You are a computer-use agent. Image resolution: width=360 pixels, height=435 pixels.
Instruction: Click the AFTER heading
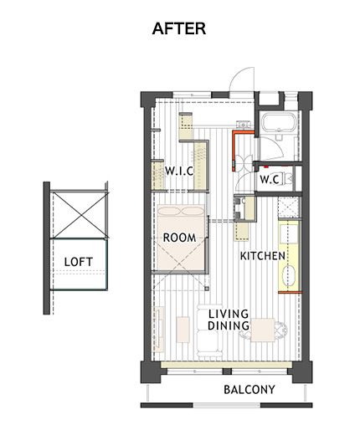[x=179, y=28]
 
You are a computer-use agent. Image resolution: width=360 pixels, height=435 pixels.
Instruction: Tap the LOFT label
[x=79, y=262]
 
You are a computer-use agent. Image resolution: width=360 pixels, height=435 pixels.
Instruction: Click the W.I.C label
[x=179, y=171]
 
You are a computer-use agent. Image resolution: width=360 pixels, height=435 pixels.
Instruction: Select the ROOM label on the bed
[x=179, y=238]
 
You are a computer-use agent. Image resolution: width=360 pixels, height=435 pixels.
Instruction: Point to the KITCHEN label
[x=263, y=256]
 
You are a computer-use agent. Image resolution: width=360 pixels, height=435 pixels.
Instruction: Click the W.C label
[x=270, y=180]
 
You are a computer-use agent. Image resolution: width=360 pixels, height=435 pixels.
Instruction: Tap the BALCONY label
[x=249, y=390]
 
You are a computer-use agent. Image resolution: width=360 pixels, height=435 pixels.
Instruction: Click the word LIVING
[x=229, y=314]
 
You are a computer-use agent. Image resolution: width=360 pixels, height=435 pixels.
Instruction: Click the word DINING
[x=229, y=325]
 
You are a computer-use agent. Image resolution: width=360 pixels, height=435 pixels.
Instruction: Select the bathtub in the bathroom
[x=279, y=121]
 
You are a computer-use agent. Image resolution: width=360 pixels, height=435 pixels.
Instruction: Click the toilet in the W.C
[x=288, y=179]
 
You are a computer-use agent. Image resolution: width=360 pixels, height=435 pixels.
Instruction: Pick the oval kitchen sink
[x=289, y=276]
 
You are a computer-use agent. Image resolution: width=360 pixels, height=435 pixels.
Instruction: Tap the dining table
[x=263, y=330]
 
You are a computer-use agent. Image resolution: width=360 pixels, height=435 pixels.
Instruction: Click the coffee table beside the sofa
[x=183, y=330]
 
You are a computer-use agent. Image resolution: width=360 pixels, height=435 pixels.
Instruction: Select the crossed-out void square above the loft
[x=80, y=215]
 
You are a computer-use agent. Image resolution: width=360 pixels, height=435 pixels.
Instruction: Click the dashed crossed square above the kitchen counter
[x=289, y=207]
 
